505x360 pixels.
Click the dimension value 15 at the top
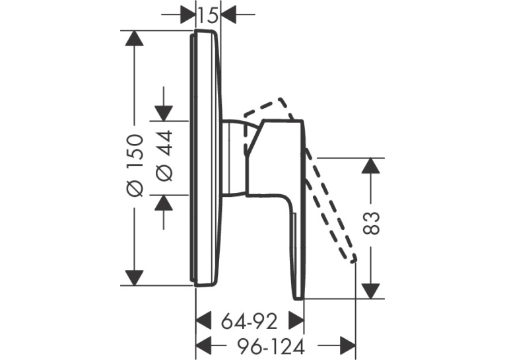pos(208,15)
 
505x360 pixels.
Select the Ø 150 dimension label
pos(134,165)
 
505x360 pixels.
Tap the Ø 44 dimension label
pos(164,155)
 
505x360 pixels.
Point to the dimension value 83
pos(372,223)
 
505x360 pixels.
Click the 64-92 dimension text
pos(250,321)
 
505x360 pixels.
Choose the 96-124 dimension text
pos(271,347)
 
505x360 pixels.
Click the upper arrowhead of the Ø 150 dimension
pos(134,38)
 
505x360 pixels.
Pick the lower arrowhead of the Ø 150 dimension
pos(134,278)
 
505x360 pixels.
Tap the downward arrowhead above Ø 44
pos(164,113)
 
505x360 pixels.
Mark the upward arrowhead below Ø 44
pos(164,203)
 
